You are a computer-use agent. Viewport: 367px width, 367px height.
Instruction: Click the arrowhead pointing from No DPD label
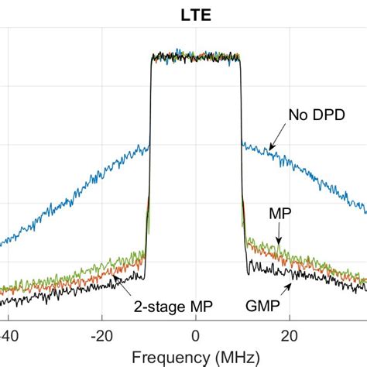(271, 147)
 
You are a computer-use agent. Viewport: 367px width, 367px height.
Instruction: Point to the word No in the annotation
(297, 115)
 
